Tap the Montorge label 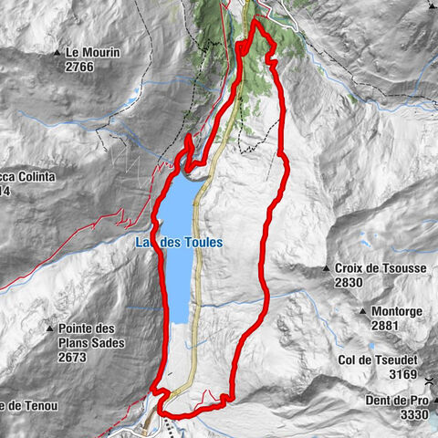point(397,311)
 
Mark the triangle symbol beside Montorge point(363,311)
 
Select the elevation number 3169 point(401,374)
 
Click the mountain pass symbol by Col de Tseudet point(428,374)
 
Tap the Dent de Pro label point(405,399)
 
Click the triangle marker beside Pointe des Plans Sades point(50,328)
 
